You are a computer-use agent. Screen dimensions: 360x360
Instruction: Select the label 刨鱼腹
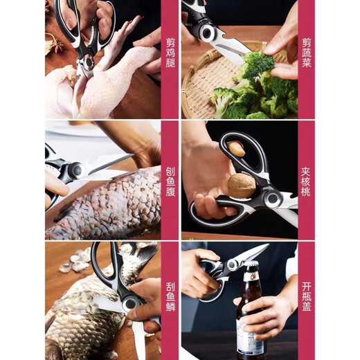[x=170, y=181]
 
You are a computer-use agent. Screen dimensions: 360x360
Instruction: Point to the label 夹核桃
[x=307, y=181]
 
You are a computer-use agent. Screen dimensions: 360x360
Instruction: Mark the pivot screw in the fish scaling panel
[x=129, y=303]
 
